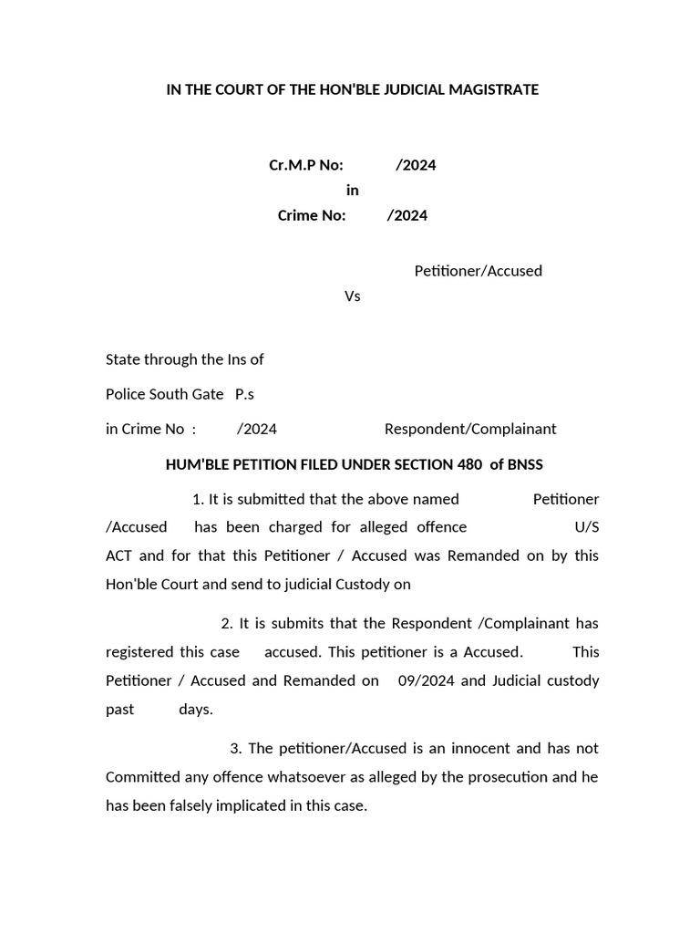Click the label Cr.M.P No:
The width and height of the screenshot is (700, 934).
coord(305,165)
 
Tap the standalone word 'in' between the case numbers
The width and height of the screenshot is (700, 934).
coord(352,190)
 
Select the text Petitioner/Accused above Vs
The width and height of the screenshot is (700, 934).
coord(478,271)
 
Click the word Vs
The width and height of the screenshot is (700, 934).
coord(352,296)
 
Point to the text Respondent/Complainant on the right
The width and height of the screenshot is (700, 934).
coord(469,429)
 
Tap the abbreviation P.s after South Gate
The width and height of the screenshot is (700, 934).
coord(244,394)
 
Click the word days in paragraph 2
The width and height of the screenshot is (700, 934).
coord(195,709)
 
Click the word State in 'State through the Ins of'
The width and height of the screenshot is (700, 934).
coord(124,359)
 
